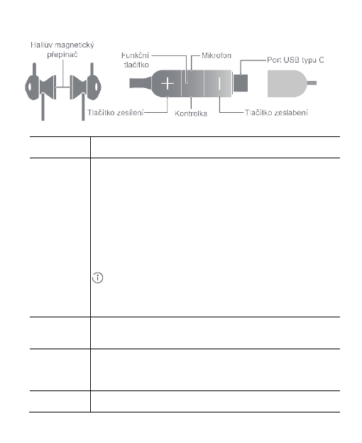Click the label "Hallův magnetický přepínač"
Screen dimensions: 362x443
pos(62,50)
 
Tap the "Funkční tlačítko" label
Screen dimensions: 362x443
pos(136,60)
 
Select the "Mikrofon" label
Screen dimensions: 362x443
pos(216,55)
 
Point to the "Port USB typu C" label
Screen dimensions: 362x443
pos(295,60)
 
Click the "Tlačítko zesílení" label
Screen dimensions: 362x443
pos(116,112)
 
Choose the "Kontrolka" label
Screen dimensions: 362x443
pos(191,114)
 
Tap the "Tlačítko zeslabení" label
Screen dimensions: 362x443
pos(276,112)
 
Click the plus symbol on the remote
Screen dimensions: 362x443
pos(168,84)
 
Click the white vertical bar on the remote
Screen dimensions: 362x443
pos(219,84)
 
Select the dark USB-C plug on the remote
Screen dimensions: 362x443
pos(241,83)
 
